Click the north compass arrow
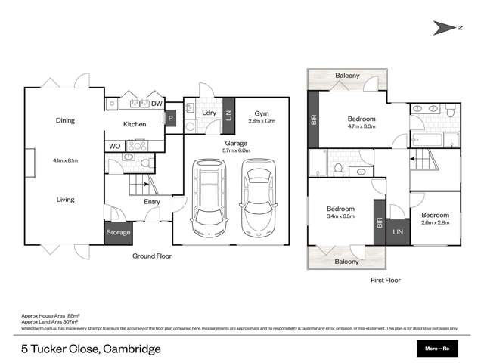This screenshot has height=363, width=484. [447, 28]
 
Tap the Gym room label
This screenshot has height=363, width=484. [259, 113]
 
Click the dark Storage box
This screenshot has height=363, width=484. [117, 232]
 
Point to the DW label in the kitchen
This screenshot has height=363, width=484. [157, 104]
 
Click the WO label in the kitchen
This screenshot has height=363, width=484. [114, 145]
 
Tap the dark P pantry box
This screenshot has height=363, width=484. [170, 119]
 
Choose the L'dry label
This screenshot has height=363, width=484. [209, 113]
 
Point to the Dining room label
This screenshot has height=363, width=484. [65, 119]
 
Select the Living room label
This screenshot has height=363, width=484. [64, 200]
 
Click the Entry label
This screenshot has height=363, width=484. [151, 202]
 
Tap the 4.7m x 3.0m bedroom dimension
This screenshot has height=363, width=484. [361, 127]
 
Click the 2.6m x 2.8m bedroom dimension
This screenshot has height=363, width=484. [435, 222]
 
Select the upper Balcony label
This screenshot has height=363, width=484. [347, 76]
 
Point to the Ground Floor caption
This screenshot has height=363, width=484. [152, 256]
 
